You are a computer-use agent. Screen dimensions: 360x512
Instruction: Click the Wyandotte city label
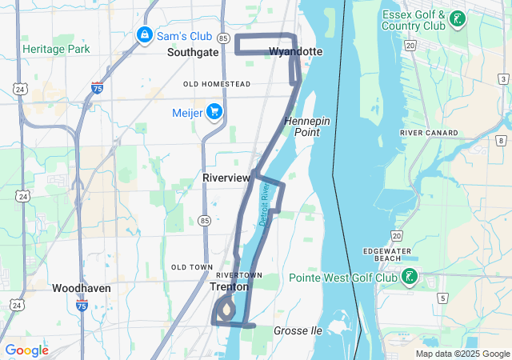tap(295, 52)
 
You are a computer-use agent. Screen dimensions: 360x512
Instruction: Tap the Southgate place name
tap(193, 52)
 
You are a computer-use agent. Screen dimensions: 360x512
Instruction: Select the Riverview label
tap(226, 177)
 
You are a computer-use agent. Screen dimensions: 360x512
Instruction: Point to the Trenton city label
tap(230, 286)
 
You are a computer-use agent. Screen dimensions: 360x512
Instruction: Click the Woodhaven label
tap(82, 288)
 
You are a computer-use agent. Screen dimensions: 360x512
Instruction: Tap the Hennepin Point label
tap(307, 126)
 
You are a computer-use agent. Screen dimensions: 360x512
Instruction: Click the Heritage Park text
tap(56, 49)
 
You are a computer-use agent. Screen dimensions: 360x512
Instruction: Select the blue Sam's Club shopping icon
tap(144, 35)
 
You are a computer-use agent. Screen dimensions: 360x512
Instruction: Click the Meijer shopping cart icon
tap(214, 112)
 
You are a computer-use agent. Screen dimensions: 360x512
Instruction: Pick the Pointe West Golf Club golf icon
tap(409, 278)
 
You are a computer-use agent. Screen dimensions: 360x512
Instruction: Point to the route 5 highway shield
tap(442, 298)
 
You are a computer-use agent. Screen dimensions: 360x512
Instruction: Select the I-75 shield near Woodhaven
tap(82, 306)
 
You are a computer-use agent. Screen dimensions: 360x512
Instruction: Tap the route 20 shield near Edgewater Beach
tap(397, 234)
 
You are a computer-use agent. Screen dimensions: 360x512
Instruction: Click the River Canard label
tap(429, 133)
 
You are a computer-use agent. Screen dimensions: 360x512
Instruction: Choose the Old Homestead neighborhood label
tap(217, 84)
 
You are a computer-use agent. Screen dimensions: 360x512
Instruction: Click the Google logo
tap(26, 350)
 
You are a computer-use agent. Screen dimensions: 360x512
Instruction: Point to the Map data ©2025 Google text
tap(462, 354)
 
